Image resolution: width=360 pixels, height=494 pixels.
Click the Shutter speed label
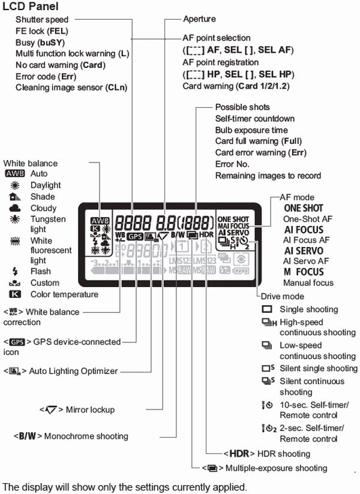pos(42,20)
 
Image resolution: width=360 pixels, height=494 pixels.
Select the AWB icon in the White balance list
pos(14,173)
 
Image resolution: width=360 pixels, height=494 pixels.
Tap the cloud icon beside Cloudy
pos(13,208)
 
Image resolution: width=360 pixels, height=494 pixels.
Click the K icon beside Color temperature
pos(14,294)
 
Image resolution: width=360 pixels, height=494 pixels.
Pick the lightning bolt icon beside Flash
pos(14,271)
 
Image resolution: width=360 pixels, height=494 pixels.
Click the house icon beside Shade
pos(13,197)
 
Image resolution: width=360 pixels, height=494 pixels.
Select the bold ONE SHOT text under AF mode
pos(303,208)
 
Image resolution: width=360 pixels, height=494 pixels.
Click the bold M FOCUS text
pos(304,272)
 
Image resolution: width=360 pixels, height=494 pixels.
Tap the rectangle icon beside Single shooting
pos(267,310)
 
